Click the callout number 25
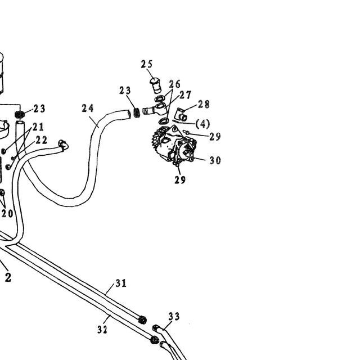point(147,64)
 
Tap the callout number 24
point(88,108)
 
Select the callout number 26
point(175,84)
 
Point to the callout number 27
point(185,95)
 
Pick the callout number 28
point(204,104)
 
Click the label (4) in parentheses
point(202,124)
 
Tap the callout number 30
point(215,160)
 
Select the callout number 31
point(121,283)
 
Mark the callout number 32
point(102,330)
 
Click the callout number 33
point(174,316)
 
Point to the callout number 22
point(42,140)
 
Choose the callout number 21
point(38,127)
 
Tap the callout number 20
point(7,214)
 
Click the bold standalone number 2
point(8,277)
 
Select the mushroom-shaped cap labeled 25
point(156,85)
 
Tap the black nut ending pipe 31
point(142,320)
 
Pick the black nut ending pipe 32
point(155,340)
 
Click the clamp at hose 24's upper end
point(137,112)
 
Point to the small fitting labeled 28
point(182,115)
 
